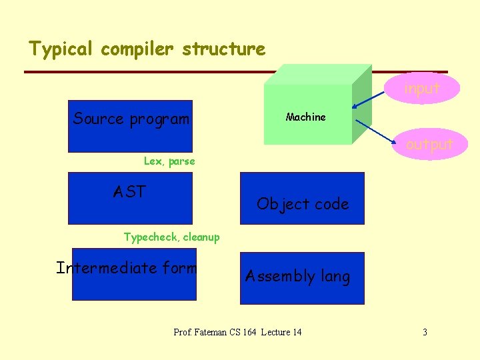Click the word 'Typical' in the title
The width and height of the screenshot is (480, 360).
[x=62, y=49]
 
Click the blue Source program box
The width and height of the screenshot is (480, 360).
[x=131, y=127]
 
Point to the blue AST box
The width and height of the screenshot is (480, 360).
[x=131, y=198]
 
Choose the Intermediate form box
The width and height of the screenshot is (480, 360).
[x=134, y=275]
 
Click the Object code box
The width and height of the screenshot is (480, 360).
[x=302, y=198]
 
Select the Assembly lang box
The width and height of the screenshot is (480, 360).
[x=302, y=278]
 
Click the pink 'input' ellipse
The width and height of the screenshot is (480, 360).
[x=423, y=88]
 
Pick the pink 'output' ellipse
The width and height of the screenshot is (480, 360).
[x=429, y=144]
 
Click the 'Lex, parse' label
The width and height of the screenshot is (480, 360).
[x=169, y=161]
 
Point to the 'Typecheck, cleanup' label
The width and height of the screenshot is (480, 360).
[x=171, y=237]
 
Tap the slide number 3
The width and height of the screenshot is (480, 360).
[x=425, y=332]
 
